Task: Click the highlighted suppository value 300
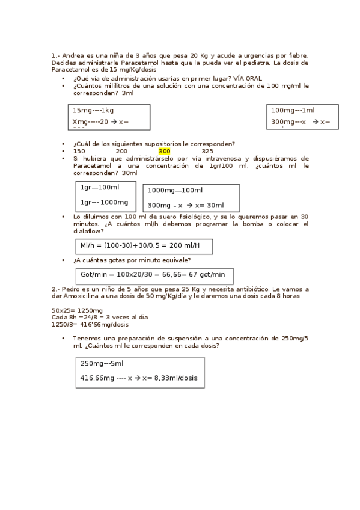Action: (x=164, y=151)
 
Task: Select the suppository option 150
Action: (x=79, y=151)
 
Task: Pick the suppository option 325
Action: (x=207, y=151)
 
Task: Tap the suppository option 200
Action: (x=121, y=151)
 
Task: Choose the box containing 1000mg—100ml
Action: (x=191, y=198)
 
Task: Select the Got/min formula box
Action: (x=154, y=275)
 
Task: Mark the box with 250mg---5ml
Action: (x=139, y=372)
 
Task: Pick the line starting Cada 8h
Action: (x=100, y=317)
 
